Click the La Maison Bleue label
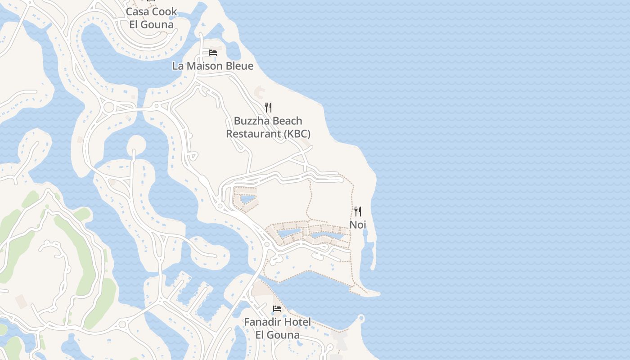click(x=212, y=66)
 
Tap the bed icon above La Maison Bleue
click(x=213, y=53)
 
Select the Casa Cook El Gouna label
click(x=151, y=18)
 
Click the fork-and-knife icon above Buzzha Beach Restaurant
click(x=268, y=107)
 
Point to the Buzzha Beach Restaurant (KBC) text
click(x=268, y=127)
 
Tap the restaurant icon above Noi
click(x=358, y=211)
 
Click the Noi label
click(x=358, y=224)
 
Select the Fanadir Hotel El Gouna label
click(x=277, y=328)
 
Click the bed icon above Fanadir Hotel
click(x=277, y=309)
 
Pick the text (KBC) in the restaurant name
click(x=297, y=134)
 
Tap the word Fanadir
click(x=262, y=322)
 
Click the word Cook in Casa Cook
click(x=164, y=12)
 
